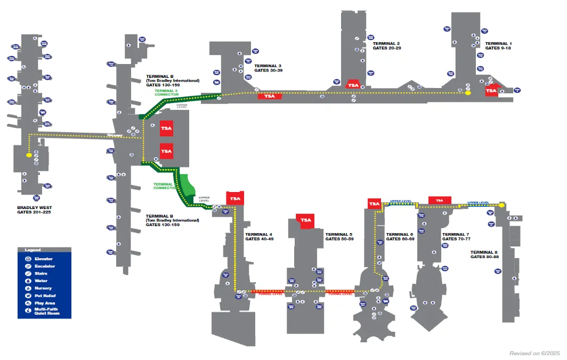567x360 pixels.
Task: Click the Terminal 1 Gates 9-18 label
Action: point(498,45)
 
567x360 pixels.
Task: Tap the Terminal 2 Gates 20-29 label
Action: point(386,45)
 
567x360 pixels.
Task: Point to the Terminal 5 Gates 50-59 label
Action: point(339,236)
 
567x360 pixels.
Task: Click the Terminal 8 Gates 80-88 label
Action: point(484,254)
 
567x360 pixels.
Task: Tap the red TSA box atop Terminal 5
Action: point(306,220)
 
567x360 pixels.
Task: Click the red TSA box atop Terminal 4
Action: point(235,198)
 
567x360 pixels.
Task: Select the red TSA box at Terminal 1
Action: point(491,91)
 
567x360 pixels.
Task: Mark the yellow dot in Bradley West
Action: point(29,156)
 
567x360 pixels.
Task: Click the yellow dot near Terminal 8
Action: point(501,205)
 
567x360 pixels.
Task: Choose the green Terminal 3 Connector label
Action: point(166,93)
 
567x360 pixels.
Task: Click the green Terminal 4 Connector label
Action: point(164,186)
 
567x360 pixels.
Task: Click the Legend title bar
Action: point(44,250)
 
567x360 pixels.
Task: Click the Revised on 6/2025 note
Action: point(534,353)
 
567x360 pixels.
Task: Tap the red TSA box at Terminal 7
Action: point(440,200)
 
